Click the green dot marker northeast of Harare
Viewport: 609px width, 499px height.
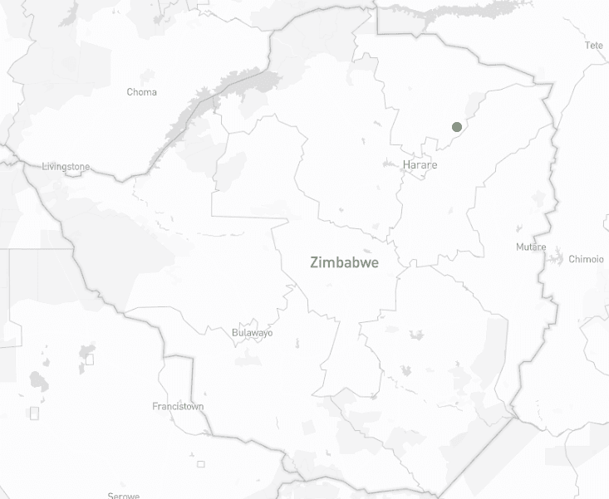[x=456, y=126]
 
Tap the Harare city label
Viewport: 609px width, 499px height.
[x=420, y=165]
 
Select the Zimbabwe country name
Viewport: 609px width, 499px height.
[x=344, y=263]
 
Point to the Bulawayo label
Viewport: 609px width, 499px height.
[x=252, y=333]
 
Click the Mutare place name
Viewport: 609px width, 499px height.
[x=531, y=247]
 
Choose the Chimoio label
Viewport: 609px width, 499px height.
[x=586, y=259]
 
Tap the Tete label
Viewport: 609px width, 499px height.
[x=594, y=46]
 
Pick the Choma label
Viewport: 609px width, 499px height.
[x=141, y=92]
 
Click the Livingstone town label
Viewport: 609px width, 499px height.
[x=66, y=167]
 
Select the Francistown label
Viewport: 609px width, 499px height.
[x=178, y=407]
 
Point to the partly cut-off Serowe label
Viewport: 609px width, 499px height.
[x=123, y=495]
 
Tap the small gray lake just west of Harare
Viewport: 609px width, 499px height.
[x=390, y=164]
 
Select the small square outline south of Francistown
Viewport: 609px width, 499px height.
[x=200, y=463]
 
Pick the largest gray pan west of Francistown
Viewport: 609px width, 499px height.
[x=38, y=381]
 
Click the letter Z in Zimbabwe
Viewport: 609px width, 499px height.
[x=315, y=263]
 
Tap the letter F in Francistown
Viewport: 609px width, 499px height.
[x=155, y=407]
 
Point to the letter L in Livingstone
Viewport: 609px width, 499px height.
[x=44, y=167]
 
